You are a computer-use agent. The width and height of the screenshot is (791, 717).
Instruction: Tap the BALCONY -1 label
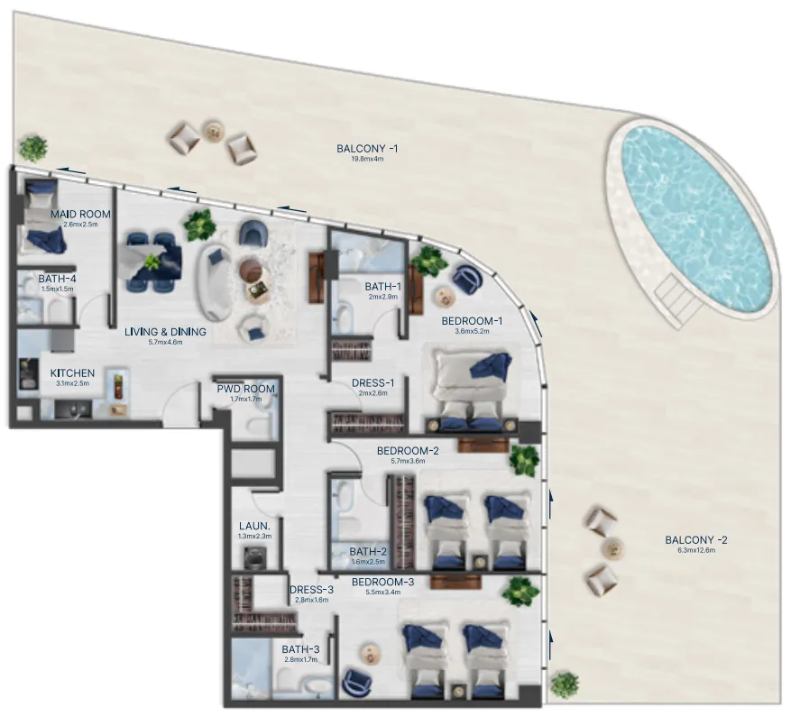(x=360, y=148)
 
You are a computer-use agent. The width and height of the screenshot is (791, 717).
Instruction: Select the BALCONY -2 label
(x=695, y=540)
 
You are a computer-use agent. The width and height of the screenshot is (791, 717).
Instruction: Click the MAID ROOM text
(x=80, y=214)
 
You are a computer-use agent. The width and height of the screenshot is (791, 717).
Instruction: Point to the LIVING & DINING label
(x=165, y=332)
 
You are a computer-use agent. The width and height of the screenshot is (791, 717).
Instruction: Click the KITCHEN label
(x=73, y=372)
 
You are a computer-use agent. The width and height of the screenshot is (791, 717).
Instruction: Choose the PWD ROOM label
(x=239, y=389)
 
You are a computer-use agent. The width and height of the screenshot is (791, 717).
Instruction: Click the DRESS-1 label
(x=373, y=382)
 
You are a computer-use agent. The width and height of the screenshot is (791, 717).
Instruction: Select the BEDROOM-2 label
(x=408, y=450)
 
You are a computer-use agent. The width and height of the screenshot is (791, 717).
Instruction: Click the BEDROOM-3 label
(x=382, y=583)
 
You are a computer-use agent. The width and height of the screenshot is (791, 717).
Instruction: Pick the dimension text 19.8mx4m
(x=361, y=160)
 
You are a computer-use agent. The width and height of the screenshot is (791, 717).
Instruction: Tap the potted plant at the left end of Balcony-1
(x=33, y=147)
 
